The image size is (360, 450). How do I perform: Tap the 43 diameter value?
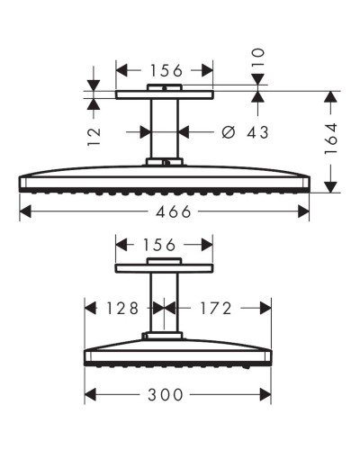(256, 132)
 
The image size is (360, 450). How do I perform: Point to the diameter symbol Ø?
(228, 132)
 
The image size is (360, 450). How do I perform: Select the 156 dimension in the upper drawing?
(165, 69)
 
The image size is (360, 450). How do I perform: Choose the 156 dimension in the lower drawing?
(165, 244)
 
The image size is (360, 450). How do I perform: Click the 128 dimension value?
(121, 308)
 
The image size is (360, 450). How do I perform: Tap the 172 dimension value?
(215, 308)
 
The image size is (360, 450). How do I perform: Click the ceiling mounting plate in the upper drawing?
(165, 93)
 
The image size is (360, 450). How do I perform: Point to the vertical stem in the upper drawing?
(165, 129)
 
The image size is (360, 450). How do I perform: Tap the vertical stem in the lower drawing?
(165, 301)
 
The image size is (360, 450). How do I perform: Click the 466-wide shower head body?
(165, 178)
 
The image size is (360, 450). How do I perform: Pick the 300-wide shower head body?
(177, 353)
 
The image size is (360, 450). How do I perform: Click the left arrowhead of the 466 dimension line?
(23, 211)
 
